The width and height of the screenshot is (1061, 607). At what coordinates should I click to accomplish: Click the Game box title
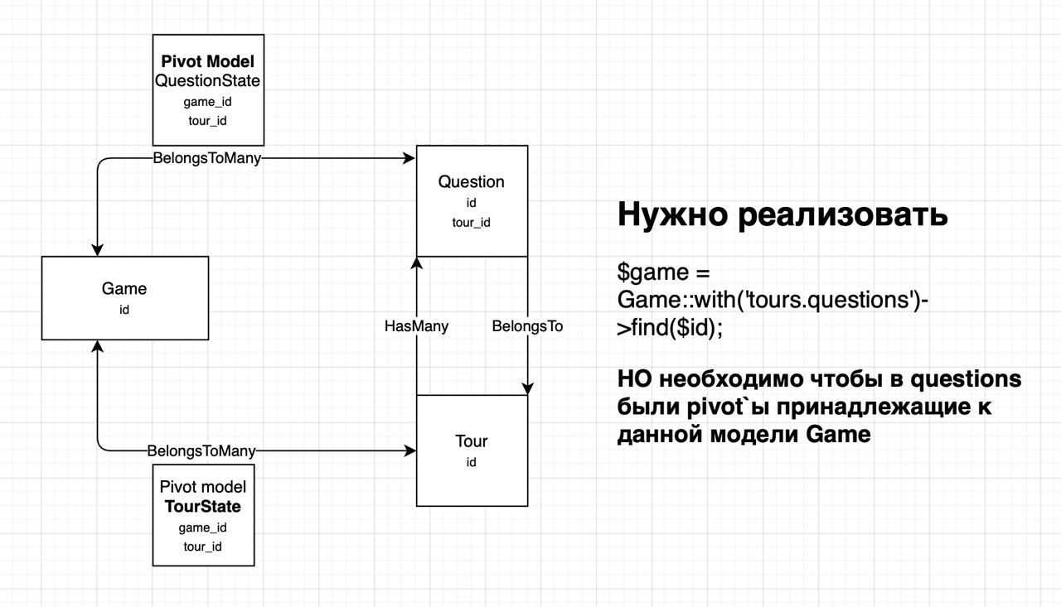(124, 289)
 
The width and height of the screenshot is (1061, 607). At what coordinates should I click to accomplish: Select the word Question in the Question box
(472, 181)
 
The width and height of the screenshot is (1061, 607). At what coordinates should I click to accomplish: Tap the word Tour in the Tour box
(472, 441)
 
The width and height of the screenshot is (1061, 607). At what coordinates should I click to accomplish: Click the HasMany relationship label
(416, 326)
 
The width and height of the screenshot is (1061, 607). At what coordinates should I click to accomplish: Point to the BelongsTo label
(527, 326)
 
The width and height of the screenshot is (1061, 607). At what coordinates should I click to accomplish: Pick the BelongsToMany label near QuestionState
(207, 158)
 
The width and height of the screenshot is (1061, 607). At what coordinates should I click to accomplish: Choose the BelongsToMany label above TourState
(201, 450)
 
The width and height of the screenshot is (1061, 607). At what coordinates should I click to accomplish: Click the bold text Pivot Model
(208, 61)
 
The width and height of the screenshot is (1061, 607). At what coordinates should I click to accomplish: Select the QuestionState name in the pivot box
(207, 81)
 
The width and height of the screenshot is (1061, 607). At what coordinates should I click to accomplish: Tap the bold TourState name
(203, 506)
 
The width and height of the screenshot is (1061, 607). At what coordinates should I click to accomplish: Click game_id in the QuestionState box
(207, 102)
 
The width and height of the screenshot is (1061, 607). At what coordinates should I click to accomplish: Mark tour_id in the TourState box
(203, 547)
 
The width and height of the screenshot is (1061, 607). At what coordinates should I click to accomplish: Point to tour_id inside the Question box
(472, 223)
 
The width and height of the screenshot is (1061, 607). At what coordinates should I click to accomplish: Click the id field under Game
(124, 310)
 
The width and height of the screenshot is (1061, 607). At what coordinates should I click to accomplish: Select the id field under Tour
(471, 462)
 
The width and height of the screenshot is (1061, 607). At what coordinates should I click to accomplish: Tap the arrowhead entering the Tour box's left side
(410, 450)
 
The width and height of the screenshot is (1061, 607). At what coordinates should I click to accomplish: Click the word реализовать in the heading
(843, 214)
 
